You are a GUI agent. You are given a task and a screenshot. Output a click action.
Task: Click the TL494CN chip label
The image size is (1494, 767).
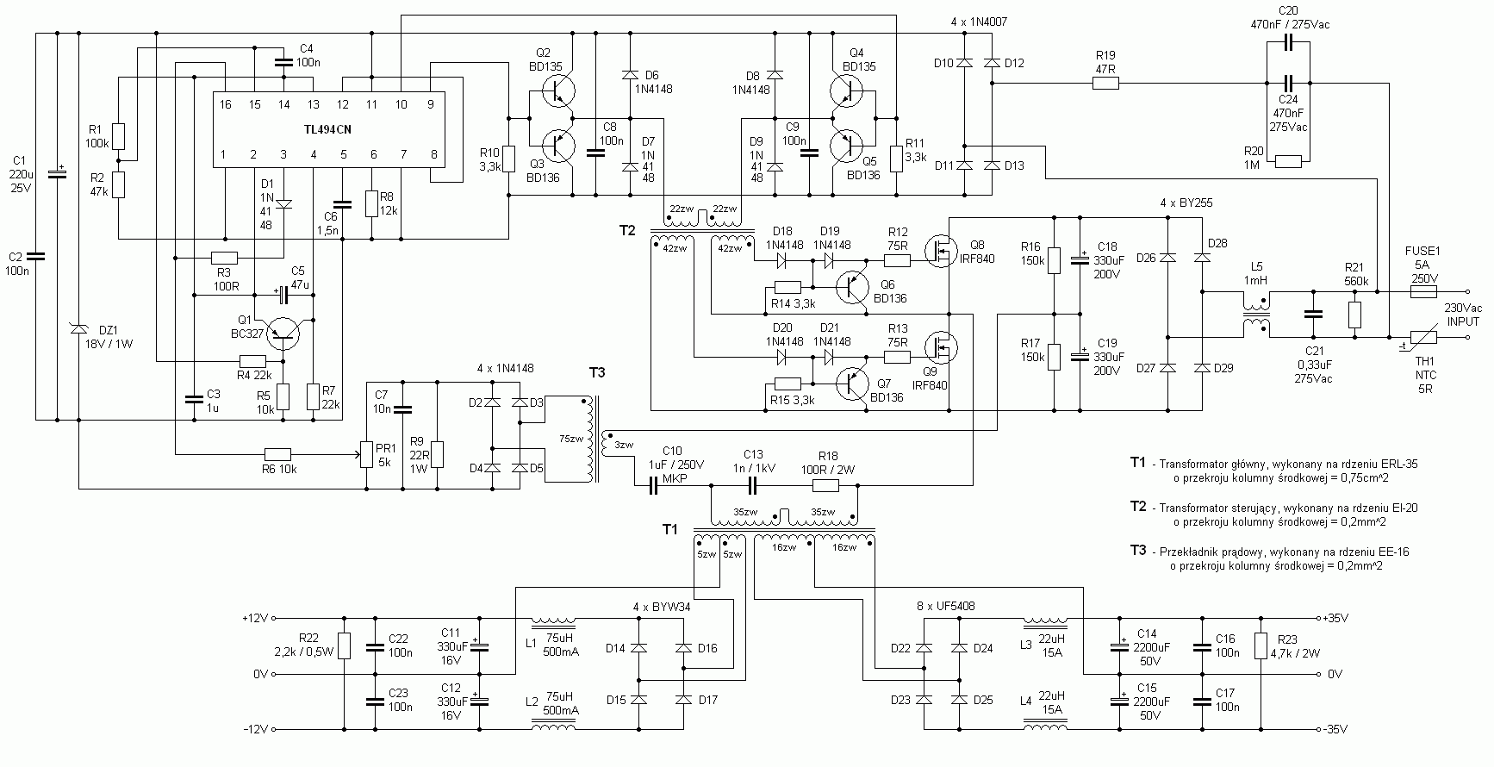(x=327, y=129)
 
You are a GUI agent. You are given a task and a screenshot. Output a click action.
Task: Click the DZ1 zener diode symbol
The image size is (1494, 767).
(x=78, y=328)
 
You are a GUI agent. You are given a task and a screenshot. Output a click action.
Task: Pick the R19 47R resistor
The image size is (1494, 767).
(x=1105, y=84)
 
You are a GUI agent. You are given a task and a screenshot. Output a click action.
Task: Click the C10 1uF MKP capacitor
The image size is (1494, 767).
(x=652, y=487)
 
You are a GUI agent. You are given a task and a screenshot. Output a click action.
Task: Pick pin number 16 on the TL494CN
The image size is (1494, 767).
(x=225, y=104)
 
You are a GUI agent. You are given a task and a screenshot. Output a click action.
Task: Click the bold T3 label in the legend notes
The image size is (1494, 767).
(x=1138, y=551)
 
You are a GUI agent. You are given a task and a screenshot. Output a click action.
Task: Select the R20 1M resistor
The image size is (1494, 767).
(x=1288, y=160)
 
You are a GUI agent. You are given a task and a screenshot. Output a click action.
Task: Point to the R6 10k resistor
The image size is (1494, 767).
(x=277, y=453)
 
